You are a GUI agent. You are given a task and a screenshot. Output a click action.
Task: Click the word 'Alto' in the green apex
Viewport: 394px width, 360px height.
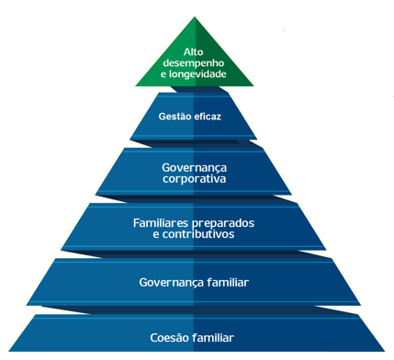pos(193,51)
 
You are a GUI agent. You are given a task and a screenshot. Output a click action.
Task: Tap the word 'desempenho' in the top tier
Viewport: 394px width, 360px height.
pos(193,63)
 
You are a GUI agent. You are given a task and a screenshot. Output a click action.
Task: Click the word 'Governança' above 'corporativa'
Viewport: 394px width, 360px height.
pos(193,168)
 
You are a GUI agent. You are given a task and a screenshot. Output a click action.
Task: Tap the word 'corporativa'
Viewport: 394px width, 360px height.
pos(193,180)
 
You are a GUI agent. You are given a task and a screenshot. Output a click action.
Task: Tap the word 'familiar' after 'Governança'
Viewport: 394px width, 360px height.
pos(227,282)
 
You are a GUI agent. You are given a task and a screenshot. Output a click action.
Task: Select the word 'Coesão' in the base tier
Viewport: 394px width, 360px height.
pos(170,338)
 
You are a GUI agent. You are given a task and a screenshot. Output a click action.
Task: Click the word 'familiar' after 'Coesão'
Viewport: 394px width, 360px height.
pos(214,338)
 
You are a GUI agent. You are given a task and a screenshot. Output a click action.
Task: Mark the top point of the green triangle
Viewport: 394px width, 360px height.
pos(193,17)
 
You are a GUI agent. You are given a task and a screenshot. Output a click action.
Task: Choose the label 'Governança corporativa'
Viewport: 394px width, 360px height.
pos(193,174)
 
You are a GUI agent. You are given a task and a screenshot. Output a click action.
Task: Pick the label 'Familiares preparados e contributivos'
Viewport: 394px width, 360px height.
pos(193,229)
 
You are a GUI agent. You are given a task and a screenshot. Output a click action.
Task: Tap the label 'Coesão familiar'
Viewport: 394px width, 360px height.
pos(192,338)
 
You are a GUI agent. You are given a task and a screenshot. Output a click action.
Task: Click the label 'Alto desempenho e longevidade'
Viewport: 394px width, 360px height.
pos(193,63)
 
